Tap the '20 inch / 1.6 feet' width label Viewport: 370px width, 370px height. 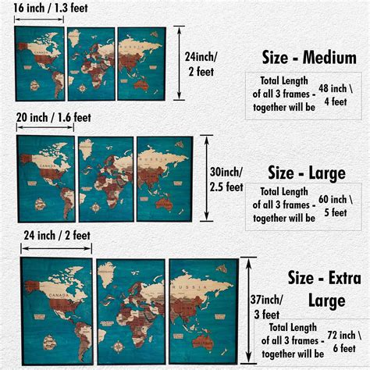coord(54,119)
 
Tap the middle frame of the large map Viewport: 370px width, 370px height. coord(105,178)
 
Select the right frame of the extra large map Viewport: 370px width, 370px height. coord(203,309)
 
